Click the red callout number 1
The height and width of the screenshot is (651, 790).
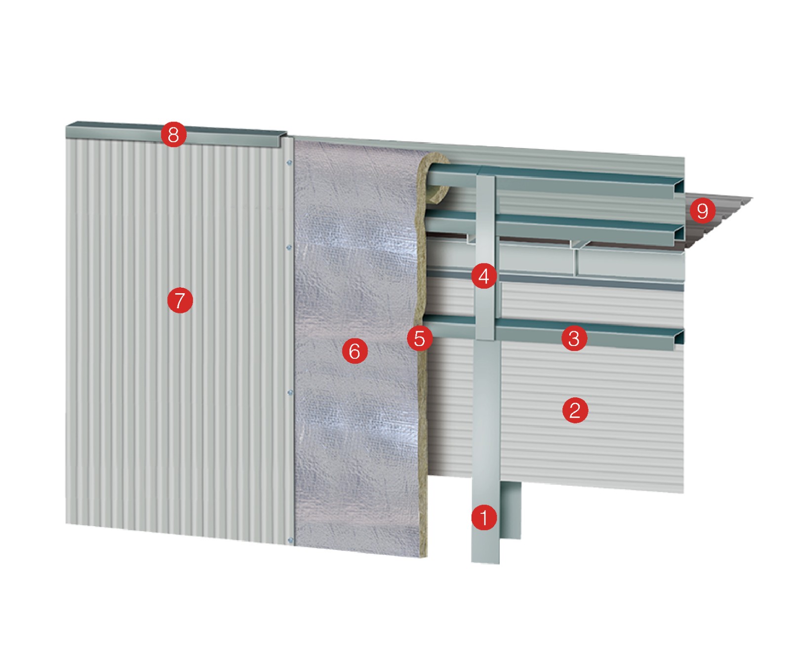(484, 517)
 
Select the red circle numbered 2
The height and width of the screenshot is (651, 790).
(575, 410)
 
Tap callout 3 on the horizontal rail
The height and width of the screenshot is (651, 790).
(574, 339)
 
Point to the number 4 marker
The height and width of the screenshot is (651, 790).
(484, 276)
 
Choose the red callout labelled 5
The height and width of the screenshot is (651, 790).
(420, 339)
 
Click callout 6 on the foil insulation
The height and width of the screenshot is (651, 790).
(355, 351)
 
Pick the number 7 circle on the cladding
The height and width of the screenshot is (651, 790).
(180, 300)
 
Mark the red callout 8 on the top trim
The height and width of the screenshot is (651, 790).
(173, 134)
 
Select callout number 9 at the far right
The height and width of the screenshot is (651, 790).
(703, 211)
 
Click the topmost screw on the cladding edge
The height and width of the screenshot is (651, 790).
(289, 162)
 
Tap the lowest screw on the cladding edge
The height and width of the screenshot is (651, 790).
(290, 540)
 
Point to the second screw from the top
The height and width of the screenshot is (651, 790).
(289, 247)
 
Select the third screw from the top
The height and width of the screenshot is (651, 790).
(290, 392)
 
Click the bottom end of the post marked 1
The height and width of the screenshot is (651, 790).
(485, 561)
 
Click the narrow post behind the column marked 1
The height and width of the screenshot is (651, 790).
(512, 511)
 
